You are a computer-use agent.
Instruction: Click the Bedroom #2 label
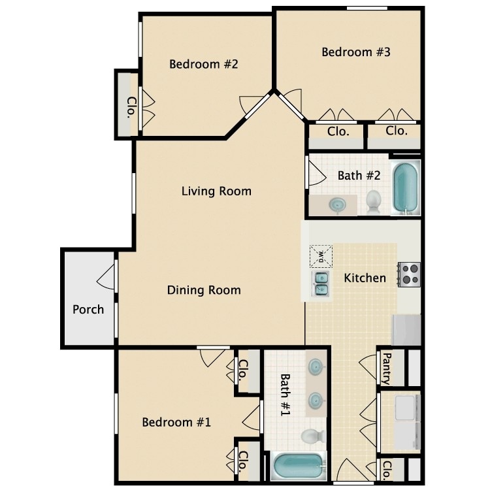203,64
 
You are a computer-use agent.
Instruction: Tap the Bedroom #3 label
356,52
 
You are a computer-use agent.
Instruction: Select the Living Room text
216,191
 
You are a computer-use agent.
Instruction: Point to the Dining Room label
204,290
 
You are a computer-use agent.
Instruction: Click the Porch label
88,309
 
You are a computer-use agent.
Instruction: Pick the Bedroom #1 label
176,422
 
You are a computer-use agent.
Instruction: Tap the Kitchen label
365,278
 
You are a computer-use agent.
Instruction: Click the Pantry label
386,368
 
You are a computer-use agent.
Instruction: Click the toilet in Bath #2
374,201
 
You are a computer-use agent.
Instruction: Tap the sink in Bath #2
338,205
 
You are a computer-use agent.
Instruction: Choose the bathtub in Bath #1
299,466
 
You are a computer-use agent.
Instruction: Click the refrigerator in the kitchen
406,329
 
